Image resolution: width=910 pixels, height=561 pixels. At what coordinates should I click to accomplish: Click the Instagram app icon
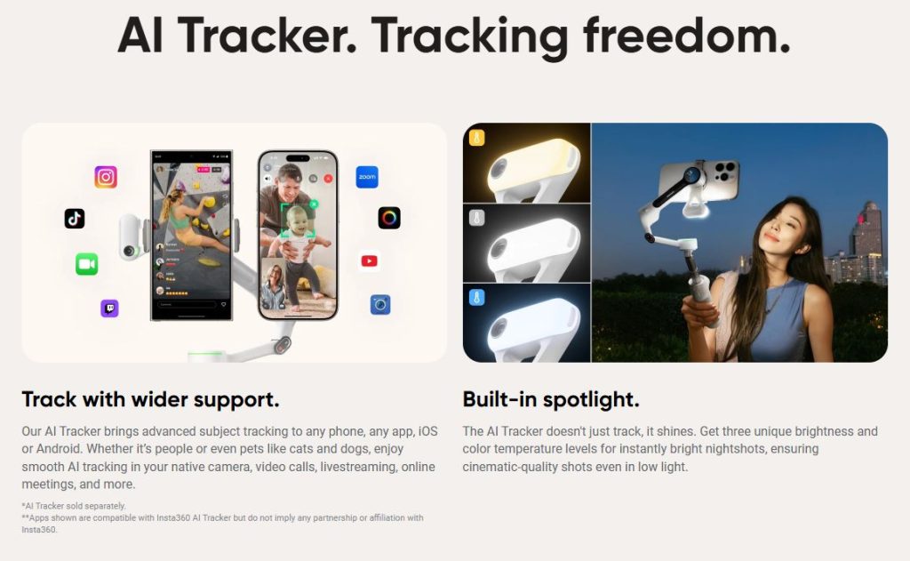(x=106, y=177)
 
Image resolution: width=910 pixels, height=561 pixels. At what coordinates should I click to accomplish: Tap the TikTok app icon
(x=75, y=219)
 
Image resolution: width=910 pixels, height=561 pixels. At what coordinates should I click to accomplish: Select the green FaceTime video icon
(x=86, y=264)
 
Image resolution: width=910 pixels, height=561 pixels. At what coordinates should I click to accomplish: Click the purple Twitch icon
(x=109, y=308)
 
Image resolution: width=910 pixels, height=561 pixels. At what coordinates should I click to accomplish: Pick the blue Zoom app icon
(x=367, y=177)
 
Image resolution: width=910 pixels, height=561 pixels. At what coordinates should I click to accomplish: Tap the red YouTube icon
(x=369, y=260)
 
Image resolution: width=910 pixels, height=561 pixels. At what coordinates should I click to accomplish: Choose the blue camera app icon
(x=380, y=304)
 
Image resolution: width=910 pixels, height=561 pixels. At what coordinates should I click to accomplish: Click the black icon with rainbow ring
(x=389, y=218)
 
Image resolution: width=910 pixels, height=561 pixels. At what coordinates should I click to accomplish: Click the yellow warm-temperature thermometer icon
(x=477, y=138)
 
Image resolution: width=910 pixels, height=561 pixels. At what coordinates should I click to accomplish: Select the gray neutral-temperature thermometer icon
(x=477, y=218)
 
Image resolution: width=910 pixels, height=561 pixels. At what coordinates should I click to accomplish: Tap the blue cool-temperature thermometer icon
(x=477, y=297)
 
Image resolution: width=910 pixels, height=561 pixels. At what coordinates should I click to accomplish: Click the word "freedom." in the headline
(x=687, y=35)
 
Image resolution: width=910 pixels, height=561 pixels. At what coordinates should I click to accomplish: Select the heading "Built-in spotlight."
(x=551, y=399)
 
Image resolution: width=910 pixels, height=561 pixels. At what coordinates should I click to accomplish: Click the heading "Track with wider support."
(x=150, y=399)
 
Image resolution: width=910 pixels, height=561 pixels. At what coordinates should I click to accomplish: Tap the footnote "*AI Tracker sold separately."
(x=74, y=506)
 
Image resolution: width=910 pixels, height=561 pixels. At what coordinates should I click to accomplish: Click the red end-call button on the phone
(x=328, y=179)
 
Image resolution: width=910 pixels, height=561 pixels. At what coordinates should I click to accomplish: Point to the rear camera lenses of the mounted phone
(x=725, y=171)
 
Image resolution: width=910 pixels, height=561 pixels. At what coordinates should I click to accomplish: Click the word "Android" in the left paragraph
(x=60, y=449)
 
